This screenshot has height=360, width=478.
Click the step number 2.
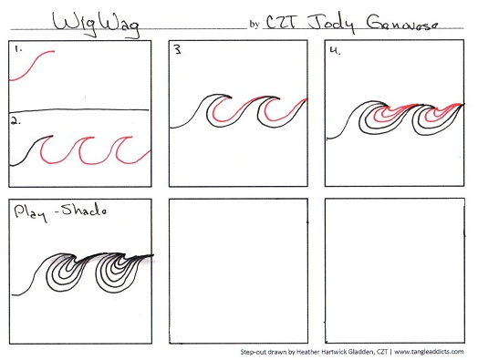[16, 121]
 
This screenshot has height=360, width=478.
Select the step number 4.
[337, 52]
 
